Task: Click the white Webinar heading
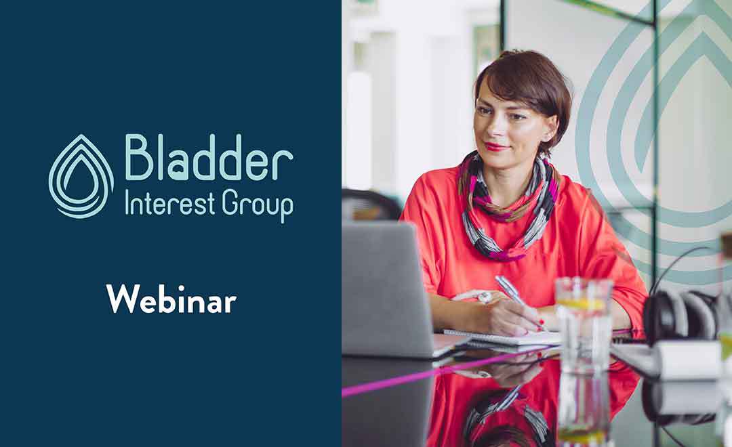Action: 171,299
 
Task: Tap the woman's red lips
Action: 497,146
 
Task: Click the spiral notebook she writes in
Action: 502,337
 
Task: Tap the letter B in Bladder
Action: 139,157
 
